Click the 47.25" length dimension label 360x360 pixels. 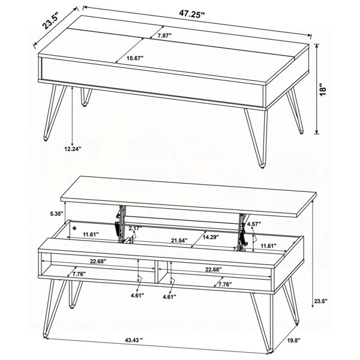[192, 14]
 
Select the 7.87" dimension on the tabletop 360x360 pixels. [164, 35]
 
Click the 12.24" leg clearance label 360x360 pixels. [73, 149]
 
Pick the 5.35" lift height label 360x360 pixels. [56, 214]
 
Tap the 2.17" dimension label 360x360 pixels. [135, 228]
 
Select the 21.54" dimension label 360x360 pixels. [179, 241]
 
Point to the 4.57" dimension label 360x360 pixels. [254, 223]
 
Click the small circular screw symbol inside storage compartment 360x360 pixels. [74, 228]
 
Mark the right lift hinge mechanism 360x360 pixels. [242, 232]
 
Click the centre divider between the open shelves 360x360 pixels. [156, 271]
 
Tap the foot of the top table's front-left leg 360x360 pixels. [46, 139]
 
